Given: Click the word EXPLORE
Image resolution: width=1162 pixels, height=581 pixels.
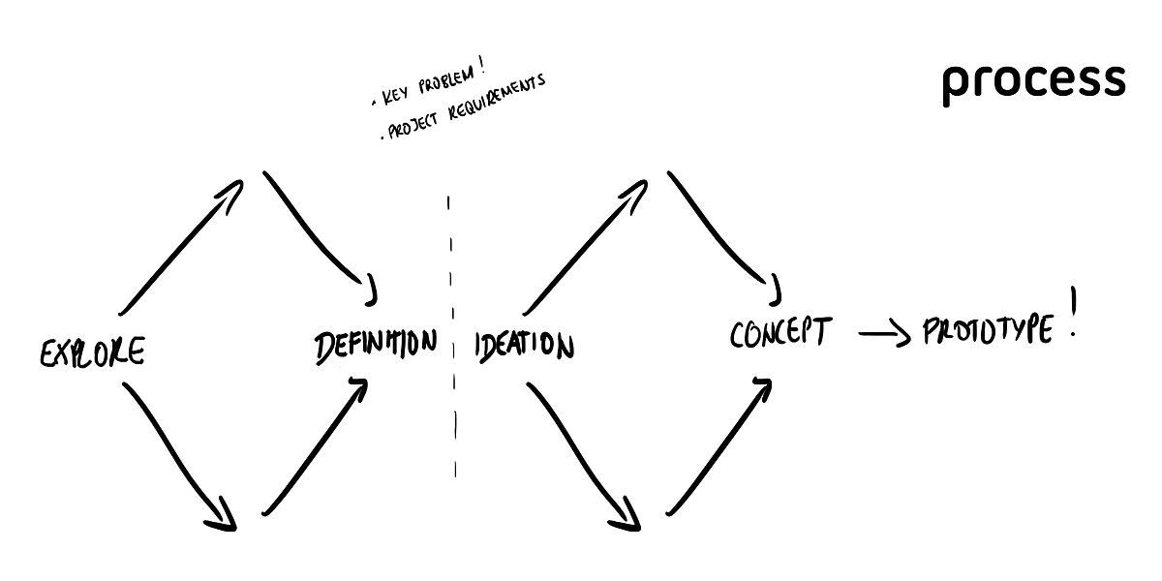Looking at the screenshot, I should click(x=92, y=352).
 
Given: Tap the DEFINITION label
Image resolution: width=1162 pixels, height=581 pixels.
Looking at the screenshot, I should click(x=375, y=345).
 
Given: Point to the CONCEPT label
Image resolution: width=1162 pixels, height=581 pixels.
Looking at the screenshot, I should click(x=780, y=333).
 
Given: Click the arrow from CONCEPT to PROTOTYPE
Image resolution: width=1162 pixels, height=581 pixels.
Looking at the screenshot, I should click(x=884, y=335).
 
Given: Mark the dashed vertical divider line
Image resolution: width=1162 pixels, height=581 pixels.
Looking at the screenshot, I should click(x=451, y=339).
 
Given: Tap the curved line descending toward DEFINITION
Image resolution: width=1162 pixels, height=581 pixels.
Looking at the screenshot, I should click(x=318, y=231).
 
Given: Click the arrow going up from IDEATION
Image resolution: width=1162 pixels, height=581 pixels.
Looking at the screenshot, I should click(x=585, y=246).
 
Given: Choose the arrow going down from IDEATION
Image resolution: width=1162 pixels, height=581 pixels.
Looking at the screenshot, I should click(x=581, y=453).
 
